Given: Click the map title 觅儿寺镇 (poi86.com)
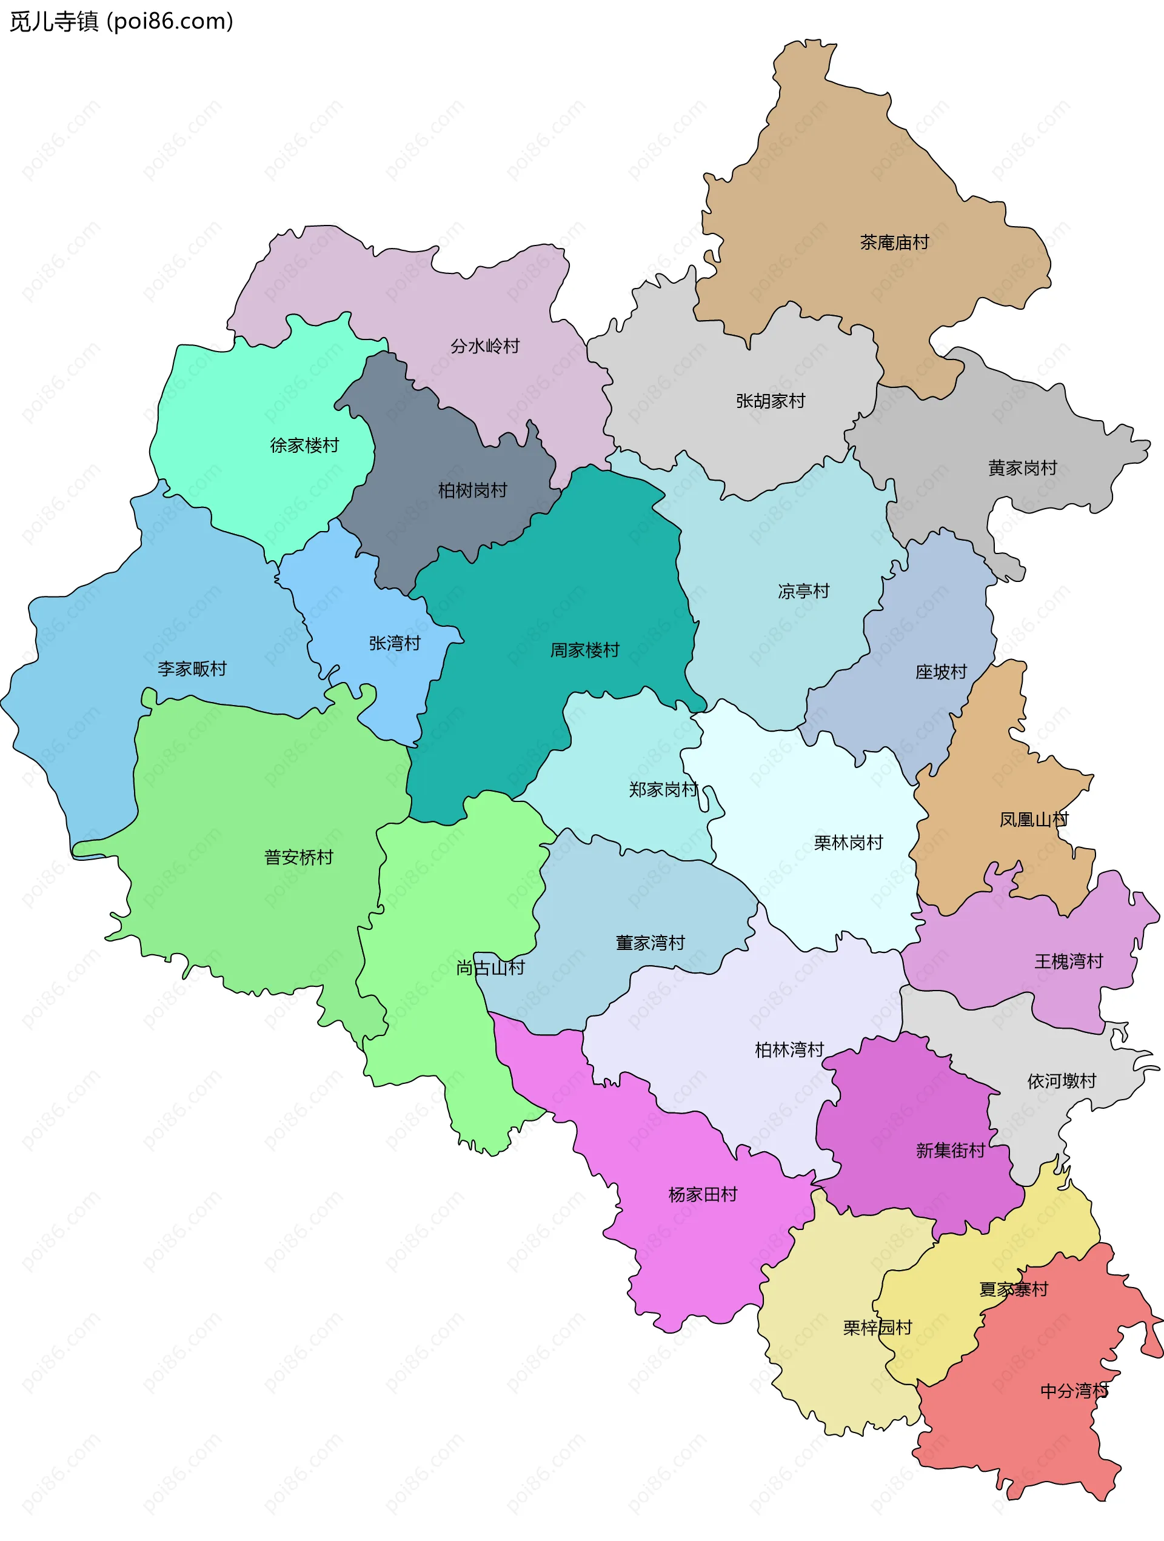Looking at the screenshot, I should tap(121, 22).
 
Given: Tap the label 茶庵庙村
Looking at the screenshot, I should tap(894, 242).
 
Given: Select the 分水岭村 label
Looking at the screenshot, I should tap(485, 346).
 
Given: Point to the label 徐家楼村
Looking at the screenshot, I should tap(304, 445).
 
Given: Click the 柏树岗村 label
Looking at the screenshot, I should tap(472, 490).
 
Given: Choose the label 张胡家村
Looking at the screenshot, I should tap(771, 401).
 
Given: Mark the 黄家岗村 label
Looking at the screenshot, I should tap(1023, 468).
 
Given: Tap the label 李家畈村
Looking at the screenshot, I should tap(192, 669).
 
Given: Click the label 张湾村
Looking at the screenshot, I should tap(395, 643).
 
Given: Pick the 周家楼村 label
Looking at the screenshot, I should tap(584, 650).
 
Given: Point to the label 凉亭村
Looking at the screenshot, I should tap(804, 591).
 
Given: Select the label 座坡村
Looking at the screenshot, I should tap(941, 672).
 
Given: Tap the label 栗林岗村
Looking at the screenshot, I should tap(848, 843).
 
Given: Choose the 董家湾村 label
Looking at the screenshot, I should tap(650, 943).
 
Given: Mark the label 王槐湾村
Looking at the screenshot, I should tap(1069, 961).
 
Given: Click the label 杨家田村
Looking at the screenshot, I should tap(703, 1194).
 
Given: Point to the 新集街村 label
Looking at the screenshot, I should tap(950, 1150).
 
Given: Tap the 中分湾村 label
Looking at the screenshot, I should tap(1074, 1391).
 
